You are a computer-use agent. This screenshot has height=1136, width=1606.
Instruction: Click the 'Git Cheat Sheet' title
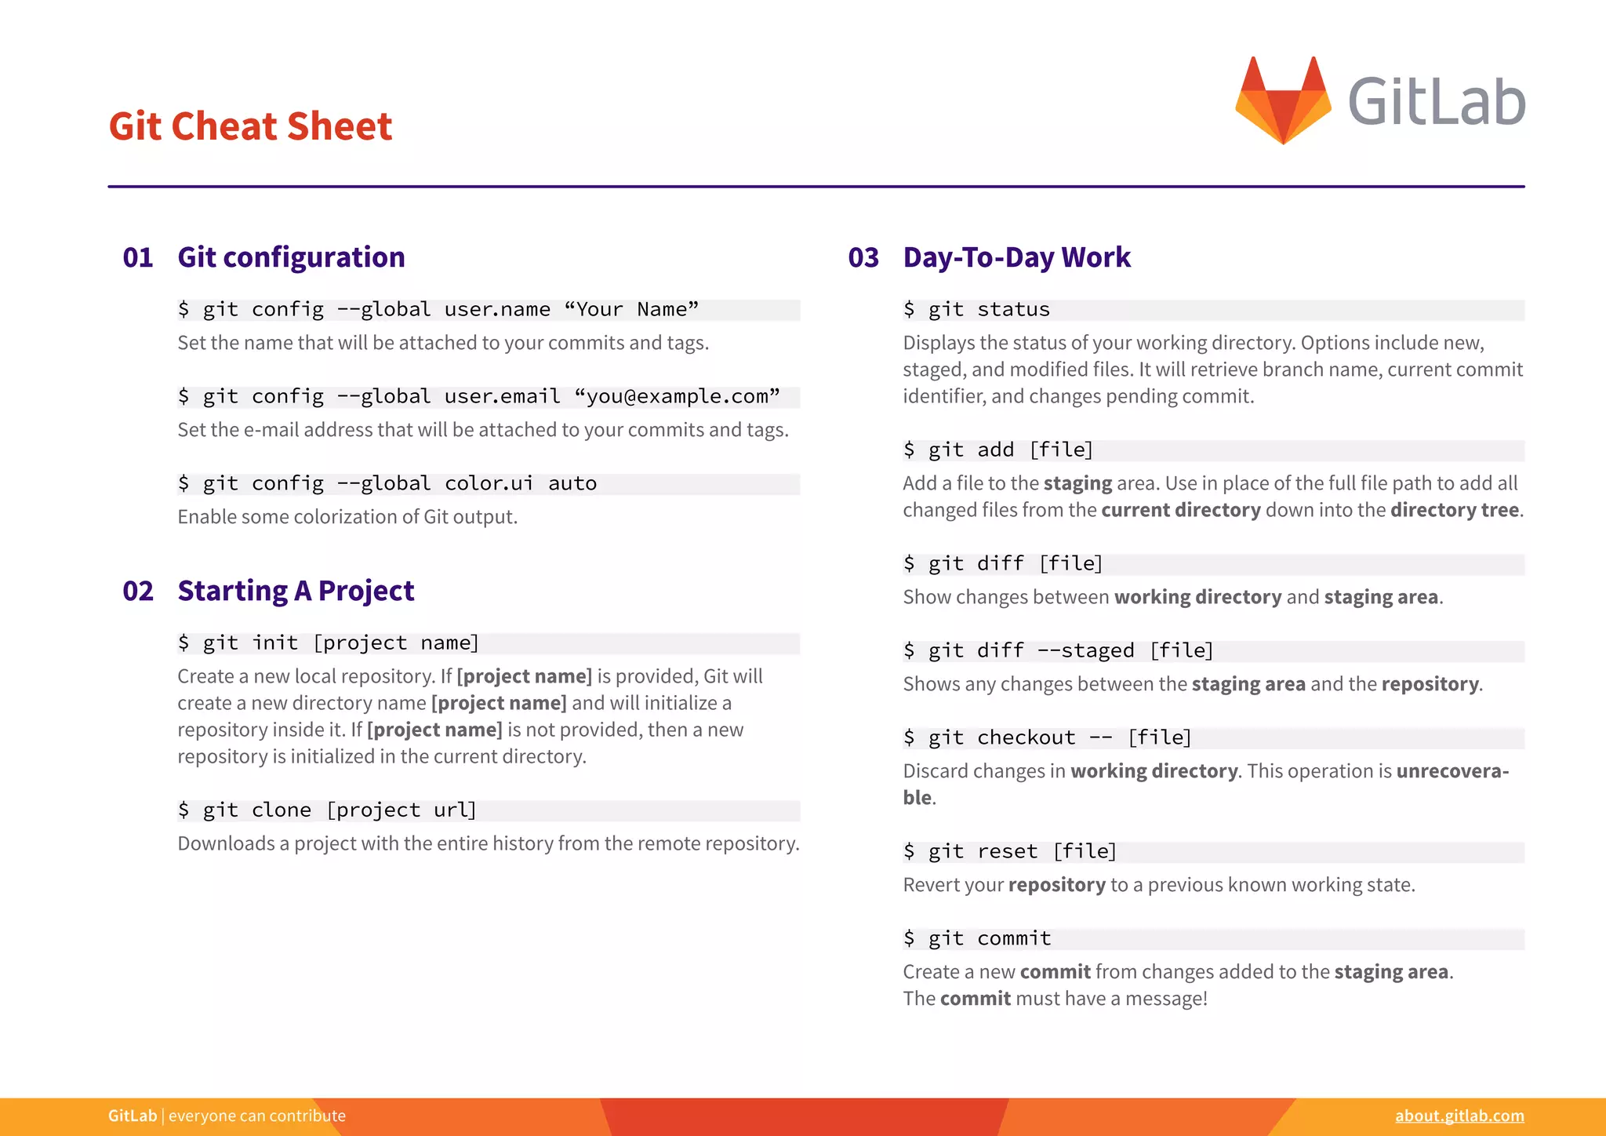coord(250,126)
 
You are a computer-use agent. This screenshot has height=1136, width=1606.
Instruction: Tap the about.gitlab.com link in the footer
coord(1459,1116)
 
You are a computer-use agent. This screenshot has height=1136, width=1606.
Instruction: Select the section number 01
coord(138,258)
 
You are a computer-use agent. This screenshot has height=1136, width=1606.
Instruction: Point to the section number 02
coord(138,592)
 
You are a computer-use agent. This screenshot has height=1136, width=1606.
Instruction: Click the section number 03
coord(863,258)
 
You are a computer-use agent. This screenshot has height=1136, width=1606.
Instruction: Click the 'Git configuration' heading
coord(291,258)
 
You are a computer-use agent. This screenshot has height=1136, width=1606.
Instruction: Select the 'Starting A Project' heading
coord(296,592)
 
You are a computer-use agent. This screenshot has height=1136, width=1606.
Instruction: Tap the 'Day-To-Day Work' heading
coord(1016,258)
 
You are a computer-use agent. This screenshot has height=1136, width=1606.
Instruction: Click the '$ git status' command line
coord(976,310)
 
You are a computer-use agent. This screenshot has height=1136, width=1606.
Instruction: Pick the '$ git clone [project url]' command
coord(327,810)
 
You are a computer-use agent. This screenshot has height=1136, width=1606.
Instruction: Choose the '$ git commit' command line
coord(977,939)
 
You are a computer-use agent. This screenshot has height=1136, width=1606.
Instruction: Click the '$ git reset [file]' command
coord(1009,852)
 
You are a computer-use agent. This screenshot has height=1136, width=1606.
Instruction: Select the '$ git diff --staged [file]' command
coord(1058,651)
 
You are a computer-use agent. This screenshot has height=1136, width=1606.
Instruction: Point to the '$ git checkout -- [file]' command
coord(1047,738)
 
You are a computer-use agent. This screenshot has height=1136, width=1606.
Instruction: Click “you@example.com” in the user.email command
coord(678,397)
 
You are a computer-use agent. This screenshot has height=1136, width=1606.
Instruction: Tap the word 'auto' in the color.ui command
coord(572,484)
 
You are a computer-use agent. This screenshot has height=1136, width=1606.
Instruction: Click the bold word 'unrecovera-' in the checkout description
coord(1452,771)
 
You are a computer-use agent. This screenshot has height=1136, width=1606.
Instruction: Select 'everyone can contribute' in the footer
coord(257,1116)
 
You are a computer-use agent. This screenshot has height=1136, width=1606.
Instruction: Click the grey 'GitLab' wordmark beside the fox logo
coord(1436,102)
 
